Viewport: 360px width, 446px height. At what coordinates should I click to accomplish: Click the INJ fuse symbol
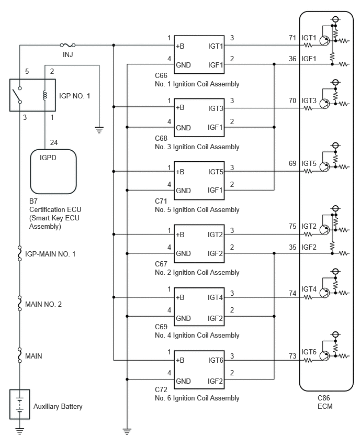click(67, 45)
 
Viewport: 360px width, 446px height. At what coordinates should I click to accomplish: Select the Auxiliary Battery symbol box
click(19, 404)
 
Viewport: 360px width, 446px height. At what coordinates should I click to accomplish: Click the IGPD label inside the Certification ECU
click(48, 158)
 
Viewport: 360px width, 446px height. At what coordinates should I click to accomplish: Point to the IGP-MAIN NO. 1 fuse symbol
click(19, 253)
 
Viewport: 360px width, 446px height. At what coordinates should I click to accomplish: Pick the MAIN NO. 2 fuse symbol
click(19, 303)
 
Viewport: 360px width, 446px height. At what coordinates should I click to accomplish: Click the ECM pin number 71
click(292, 38)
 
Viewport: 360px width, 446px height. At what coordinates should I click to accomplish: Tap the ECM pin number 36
click(292, 59)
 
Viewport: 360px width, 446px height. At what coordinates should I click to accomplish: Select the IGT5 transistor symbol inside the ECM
click(324, 166)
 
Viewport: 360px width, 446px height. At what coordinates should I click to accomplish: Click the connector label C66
click(161, 75)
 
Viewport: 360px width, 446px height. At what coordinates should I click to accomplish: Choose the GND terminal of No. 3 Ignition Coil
click(183, 128)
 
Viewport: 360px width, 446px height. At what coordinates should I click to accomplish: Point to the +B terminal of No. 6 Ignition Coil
click(180, 360)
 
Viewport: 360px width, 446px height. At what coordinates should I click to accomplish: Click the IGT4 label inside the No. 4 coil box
click(215, 297)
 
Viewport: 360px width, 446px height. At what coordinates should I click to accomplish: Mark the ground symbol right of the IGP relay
click(99, 130)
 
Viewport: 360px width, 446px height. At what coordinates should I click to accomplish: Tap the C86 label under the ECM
click(323, 398)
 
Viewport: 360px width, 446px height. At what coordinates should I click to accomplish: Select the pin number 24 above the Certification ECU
click(54, 142)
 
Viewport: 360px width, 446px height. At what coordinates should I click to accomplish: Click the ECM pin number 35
click(292, 247)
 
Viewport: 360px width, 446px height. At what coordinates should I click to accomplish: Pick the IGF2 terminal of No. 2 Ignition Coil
click(215, 253)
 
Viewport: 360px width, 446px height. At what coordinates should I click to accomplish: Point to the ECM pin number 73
click(292, 356)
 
